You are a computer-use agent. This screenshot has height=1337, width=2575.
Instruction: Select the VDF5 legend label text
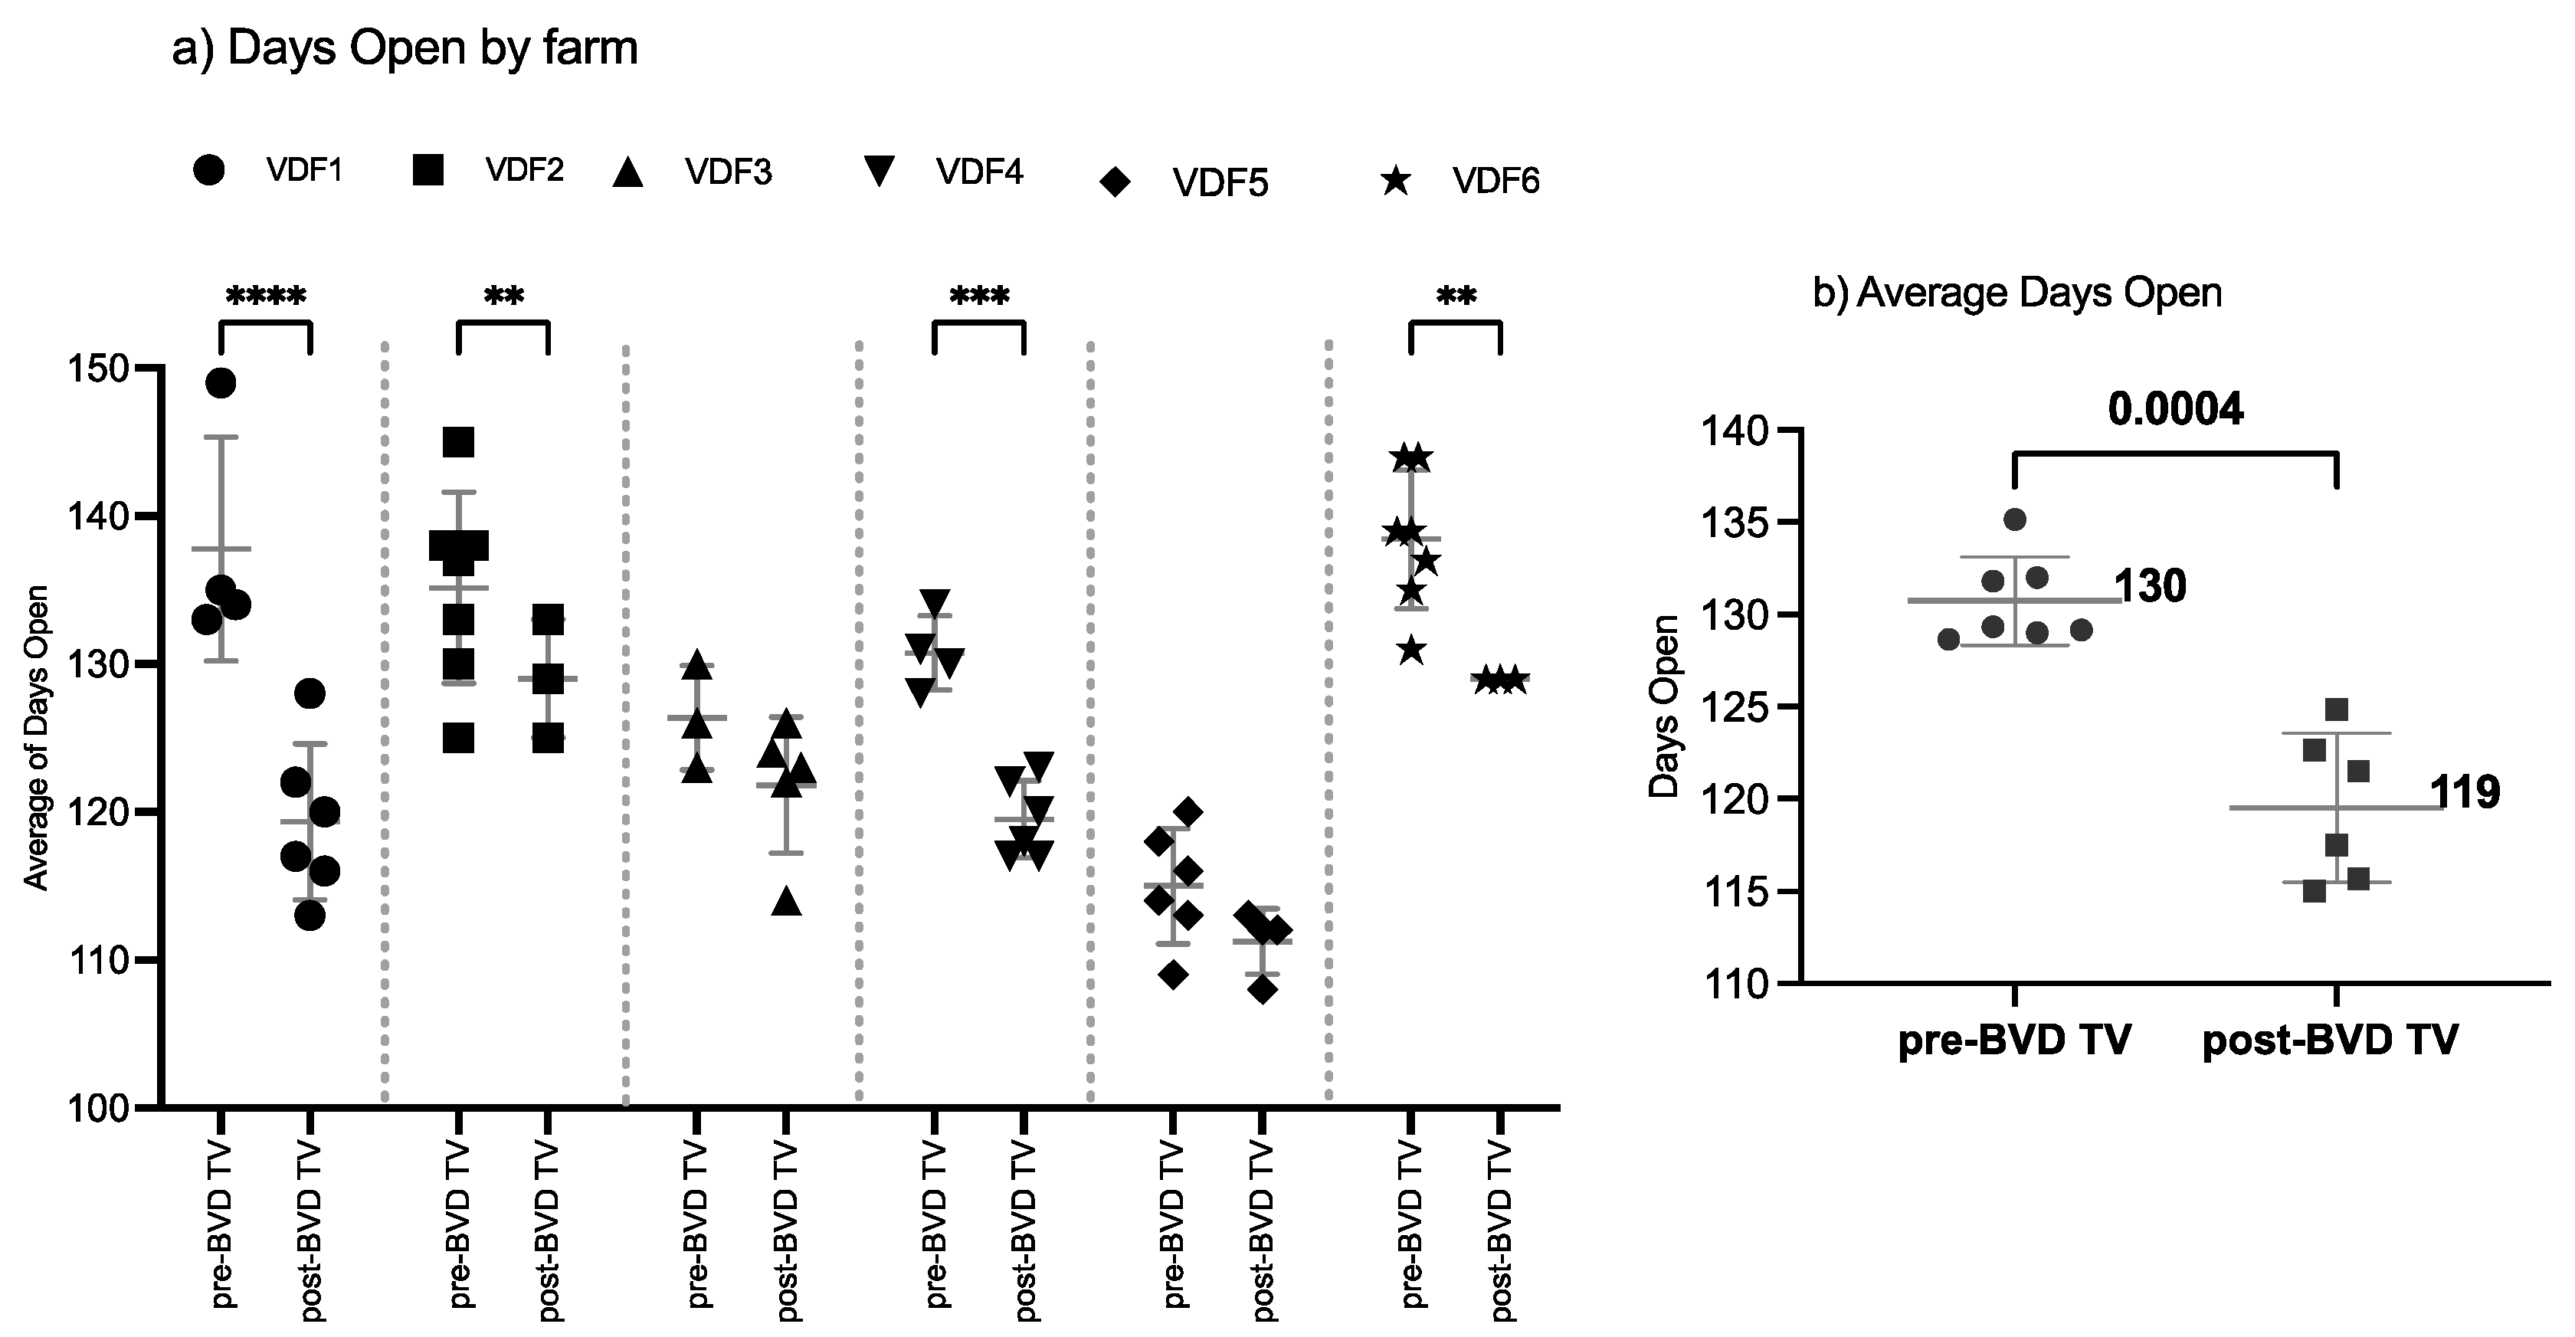1220,183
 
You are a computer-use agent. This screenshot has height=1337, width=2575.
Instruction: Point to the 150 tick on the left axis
100,369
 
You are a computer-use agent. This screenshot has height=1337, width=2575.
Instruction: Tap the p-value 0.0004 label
2175,409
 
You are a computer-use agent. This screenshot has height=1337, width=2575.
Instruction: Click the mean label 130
2150,587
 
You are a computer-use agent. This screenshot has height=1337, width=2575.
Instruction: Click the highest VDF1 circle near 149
220,383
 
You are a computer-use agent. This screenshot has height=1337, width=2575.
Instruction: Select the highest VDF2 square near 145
458,442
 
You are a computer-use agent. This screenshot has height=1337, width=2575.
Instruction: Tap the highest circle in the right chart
2014,520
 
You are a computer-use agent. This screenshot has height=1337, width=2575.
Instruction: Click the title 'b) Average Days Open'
2016,293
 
